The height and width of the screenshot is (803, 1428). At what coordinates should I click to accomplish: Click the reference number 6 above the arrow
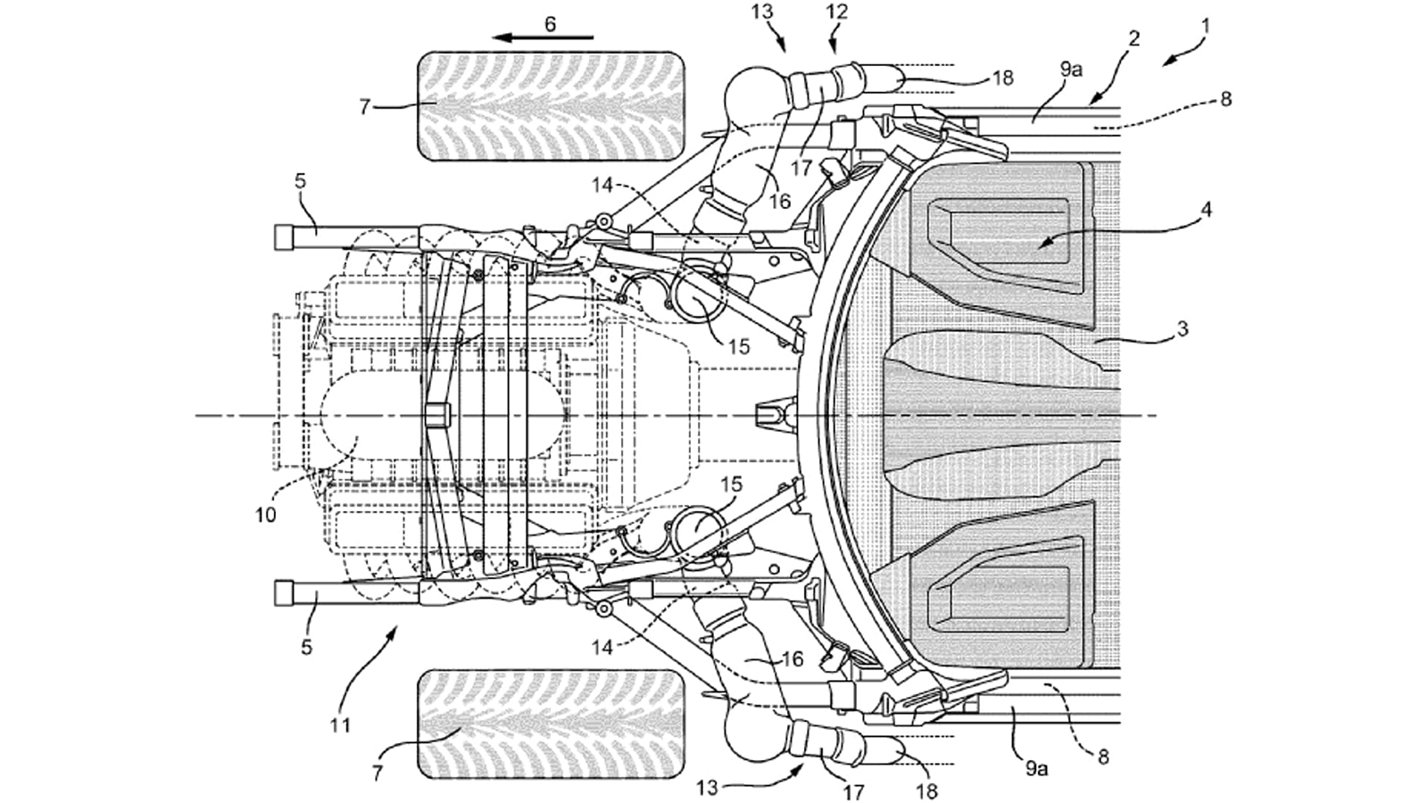550,23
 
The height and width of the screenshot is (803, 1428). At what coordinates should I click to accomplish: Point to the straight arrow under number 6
544,38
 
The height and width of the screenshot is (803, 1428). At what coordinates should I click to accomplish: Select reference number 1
1205,27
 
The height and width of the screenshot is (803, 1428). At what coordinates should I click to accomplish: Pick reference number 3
1183,329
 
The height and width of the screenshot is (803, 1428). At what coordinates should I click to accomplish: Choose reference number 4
1206,211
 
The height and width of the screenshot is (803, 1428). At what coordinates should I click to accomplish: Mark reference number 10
266,515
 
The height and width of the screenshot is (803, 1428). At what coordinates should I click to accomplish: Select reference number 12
837,12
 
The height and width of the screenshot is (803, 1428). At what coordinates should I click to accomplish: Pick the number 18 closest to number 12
1002,78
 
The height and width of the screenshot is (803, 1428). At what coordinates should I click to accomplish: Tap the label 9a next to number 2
1071,70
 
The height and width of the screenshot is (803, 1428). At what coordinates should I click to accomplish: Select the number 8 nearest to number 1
1225,99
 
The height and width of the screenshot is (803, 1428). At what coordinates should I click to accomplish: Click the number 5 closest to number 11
306,647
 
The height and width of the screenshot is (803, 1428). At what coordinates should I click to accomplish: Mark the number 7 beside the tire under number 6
364,107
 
